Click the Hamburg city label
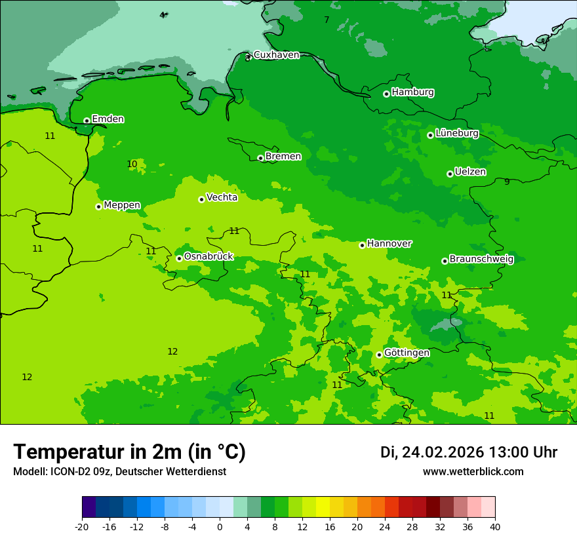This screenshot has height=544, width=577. pyautogui.click(x=412, y=92)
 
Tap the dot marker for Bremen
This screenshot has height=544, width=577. pyautogui.click(x=260, y=158)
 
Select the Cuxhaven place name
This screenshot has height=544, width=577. pyautogui.click(x=276, y=55)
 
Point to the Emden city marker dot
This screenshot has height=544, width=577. pyautogui.click(x=87, y=121)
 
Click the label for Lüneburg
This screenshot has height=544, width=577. pyautogui.click(x=456, y=133)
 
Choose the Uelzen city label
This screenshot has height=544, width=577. pyautogui.click(x=470, y=172)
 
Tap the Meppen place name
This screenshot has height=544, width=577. pyautogui.click(x=121, y=205)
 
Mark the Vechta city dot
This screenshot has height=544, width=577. pyautogui.click(x=201, y=199)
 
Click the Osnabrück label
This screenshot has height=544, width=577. pyautogui.click(x=208, y=256)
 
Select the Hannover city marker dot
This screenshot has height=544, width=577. pyautogui.click(x=362, y=245)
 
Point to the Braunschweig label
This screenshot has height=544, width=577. pyautogui.click(x=481, y=259)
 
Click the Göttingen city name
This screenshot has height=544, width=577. pyautogui.click(x=407, y=353)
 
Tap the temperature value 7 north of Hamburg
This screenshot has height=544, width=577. pyautogui.click(x=327, y=20)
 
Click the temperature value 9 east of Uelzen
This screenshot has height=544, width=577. pyautogui.click(x=507, y=182)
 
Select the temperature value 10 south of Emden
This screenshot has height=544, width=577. pyautogui.click(x=132, y=165)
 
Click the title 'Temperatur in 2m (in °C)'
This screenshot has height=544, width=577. pyautogui.click(x=129, y=452)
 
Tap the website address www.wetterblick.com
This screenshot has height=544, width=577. pyautogui.click(x=473, y=471)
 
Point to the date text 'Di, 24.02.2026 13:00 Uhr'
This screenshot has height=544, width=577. pyautogui.click(x=468, y=452)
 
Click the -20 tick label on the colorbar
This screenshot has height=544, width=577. pyautogui.click(x=82, y=526)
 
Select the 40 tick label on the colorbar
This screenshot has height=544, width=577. pyautogui.click(x=495, y=526)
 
